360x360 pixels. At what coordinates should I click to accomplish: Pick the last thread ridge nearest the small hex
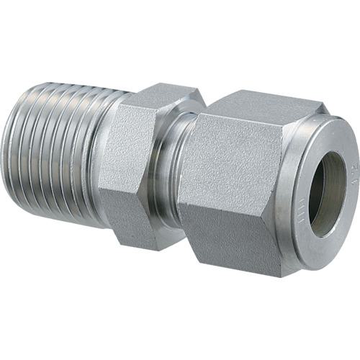point(94,155)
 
